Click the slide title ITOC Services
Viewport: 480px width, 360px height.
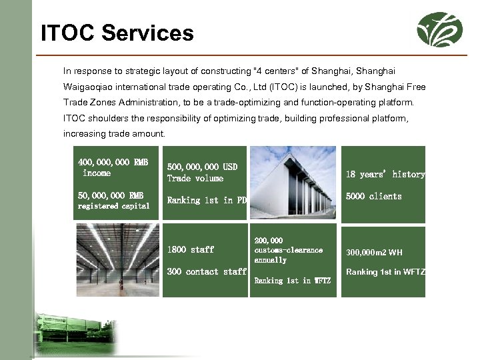(117, 33)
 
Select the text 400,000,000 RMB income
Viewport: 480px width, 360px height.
(113, 167)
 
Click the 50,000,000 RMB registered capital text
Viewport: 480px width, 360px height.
(113, 200)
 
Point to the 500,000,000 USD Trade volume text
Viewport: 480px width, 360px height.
(202, 172)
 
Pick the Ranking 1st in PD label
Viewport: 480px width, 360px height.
(207, 200)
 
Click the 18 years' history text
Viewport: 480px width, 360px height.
(385, 174)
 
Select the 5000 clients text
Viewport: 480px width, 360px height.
(373, 196)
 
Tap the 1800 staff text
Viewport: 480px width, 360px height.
(191, 249)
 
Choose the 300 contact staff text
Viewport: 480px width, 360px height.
(207, 271)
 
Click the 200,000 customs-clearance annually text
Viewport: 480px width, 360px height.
(288, 250)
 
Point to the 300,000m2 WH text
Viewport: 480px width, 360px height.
(374, 252)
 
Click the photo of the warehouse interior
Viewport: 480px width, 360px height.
(117, 260)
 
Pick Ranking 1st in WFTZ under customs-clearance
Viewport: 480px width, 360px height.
(292, 281)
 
